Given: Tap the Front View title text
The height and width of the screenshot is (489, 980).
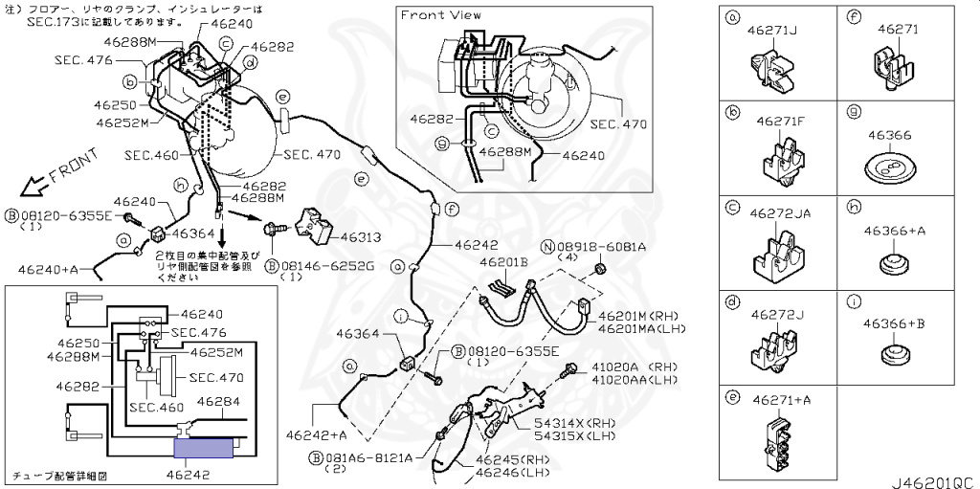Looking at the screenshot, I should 440,14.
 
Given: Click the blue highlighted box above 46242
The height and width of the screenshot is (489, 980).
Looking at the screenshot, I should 204,446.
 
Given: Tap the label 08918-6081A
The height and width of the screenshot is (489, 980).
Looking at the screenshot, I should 612,246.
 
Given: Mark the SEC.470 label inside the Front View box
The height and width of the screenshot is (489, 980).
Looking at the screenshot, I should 618,124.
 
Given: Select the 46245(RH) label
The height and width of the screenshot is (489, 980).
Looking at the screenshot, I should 512,458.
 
